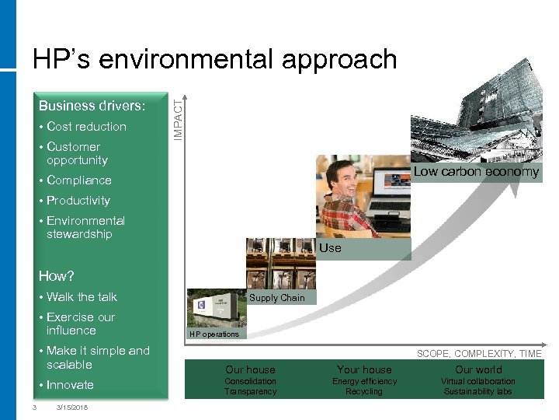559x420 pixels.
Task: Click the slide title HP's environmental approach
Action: pyautogui.click(x=214, y=60)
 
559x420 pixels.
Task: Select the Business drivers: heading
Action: pyautogui.click(x=92, y=106)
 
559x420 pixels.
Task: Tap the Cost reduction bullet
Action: pyautogui.click(x=86, y=126)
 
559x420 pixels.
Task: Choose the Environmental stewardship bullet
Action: pyautogui.click(x=85, y=227)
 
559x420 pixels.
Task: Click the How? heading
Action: pyautogui.click(x=56, y=276)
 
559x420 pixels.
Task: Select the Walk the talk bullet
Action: pyautogui.click(x=82, y=296)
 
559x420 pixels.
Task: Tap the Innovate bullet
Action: pyautogui.click(x=69, y=385)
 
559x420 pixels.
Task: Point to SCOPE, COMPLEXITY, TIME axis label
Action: pyautogui.click(x=479, y=354)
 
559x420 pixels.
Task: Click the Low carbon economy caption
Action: pyautogui.click(x=476, y=172)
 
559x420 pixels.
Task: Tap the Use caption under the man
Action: pyautogui.click(x=330, y=248)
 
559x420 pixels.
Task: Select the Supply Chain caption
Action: pyautogui.click(x=277, y=298)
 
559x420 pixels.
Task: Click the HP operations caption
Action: pyautogui.click(x=214, y=334)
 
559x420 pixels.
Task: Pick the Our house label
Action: pyautogui.click(x=250, y=369)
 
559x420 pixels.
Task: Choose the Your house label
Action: pyautogui.click(x=364, y=369)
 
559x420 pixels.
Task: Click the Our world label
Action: pyautogui.click(x=478, y=369)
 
